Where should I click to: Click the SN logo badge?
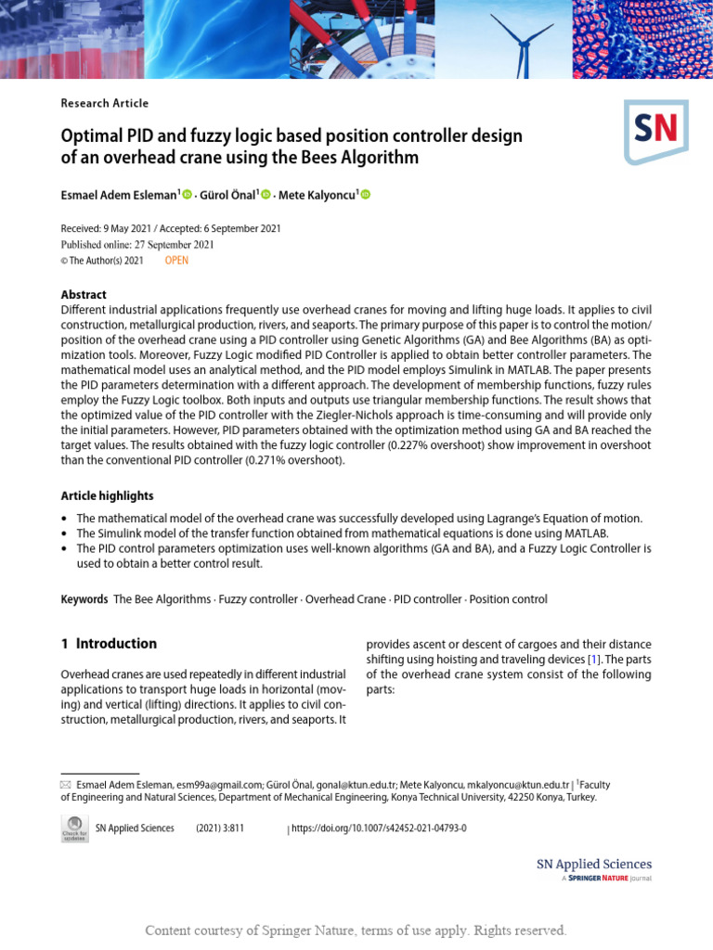[655, 132]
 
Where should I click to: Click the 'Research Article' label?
[104, 103]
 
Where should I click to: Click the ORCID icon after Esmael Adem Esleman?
[187, 194]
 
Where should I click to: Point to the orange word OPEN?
[176, 261]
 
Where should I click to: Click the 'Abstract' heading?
[84, 294]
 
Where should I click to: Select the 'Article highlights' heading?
[107, 495]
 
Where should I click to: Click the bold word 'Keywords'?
[84, 599]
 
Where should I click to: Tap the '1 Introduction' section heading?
[109, 644]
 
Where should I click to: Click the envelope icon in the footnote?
[65, 785]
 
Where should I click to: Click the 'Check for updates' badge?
[74, 828]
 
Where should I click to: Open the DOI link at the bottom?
[379, 828]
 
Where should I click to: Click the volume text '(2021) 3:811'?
[219, 828]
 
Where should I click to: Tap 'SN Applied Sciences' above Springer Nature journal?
[594, 864]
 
